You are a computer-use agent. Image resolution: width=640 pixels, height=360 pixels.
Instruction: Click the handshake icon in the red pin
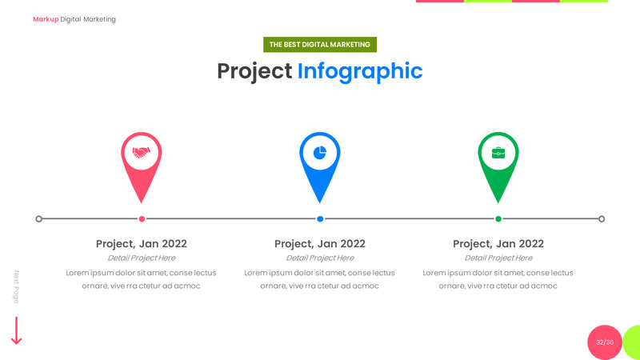[142, 152]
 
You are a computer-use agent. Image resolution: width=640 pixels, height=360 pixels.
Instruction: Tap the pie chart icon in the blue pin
[320, 152]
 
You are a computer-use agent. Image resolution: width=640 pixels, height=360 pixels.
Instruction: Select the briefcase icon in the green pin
[498, 152]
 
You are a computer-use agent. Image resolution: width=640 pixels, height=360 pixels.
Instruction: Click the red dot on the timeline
[142, 218]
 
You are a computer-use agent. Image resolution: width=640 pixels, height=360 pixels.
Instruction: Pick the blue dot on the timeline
[320, 218]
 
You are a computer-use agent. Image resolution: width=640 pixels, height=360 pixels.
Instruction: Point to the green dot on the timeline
[498, 218]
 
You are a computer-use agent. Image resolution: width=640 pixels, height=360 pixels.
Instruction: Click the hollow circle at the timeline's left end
[39, 218]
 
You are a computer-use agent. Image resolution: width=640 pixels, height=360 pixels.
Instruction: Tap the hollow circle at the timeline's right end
[602, 218]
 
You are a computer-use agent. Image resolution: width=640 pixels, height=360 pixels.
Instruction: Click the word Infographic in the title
[359, 71]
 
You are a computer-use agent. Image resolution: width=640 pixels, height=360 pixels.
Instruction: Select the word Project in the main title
[254, 71]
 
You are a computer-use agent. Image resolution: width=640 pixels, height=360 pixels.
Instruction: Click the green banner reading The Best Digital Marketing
[320, 45]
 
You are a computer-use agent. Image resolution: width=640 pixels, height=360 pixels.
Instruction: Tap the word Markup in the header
[46, 19]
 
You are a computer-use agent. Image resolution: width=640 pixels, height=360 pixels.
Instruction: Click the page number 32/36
[605, 342]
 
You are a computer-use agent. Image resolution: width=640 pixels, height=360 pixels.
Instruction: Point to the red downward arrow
[16, 330]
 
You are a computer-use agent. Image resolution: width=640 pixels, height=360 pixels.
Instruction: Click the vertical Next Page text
[16, 286]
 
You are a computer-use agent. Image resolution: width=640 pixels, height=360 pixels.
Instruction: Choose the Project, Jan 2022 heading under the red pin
[142, 243]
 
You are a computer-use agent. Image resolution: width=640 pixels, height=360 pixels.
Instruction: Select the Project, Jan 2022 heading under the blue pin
[320, 243]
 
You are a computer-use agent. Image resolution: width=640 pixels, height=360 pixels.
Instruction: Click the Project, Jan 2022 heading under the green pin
[498, 243]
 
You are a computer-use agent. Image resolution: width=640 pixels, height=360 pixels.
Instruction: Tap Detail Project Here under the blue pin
[320, 258]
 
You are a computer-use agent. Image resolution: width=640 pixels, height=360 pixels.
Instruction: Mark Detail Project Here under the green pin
[498, 258]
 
